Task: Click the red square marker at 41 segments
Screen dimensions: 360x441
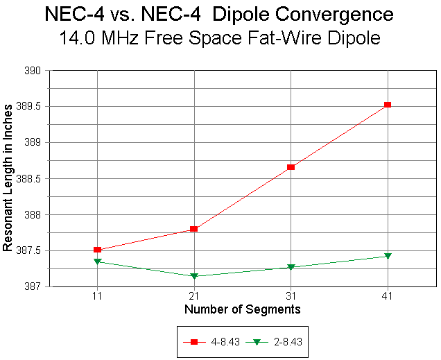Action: click(x=388, y=105)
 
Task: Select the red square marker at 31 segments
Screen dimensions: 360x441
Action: click(x=291, y=167)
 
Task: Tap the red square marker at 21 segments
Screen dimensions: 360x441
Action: click(x=194, y=229)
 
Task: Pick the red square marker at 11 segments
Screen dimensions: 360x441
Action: click(x=98, y=250)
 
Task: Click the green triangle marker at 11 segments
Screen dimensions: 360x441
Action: click(x=98, y=262)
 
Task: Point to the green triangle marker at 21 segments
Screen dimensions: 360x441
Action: click(x=194, y=276)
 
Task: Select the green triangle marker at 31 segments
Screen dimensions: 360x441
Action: click(x=291, y=267)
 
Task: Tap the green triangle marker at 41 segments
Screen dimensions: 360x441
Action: click(x=388, y=256)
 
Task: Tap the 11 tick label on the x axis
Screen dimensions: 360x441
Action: click(x=98, y=296)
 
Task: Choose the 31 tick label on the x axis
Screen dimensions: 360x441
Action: click(x=291, y=296)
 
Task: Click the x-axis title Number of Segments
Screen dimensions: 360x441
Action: click(x=242, y=309)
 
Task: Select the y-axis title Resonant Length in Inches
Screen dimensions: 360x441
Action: click(x=8, y=178)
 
